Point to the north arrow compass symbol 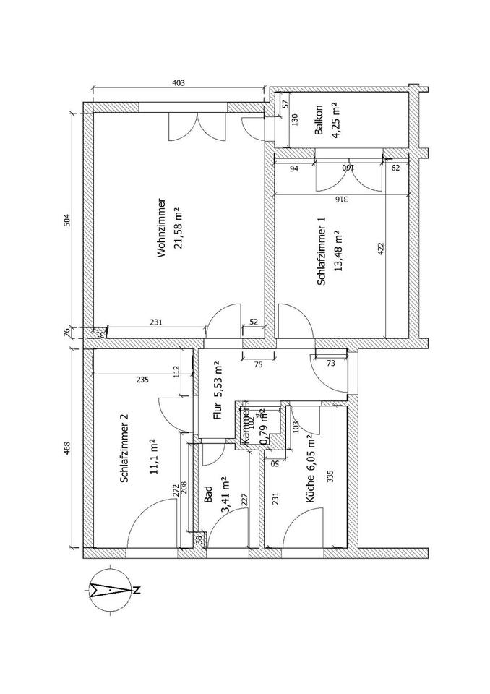click(110, 590)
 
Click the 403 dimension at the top click(179, 83)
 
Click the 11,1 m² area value click(152, 452)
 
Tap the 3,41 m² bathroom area click(224, 494)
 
